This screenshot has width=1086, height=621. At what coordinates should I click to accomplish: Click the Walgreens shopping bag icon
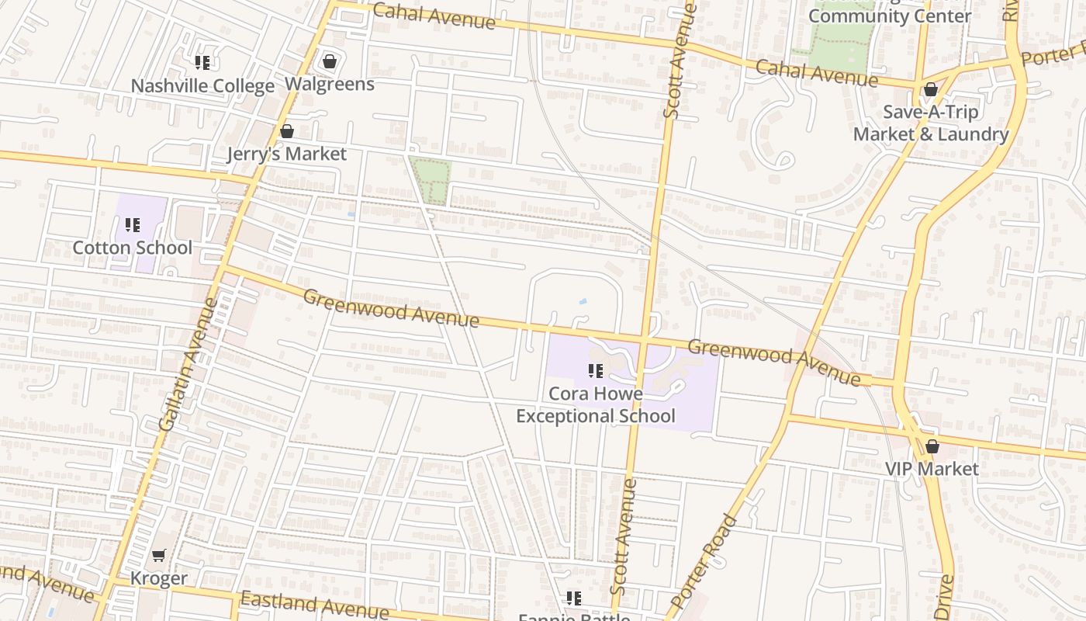[330, 61]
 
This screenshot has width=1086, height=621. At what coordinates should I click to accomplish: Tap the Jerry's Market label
[286, 154]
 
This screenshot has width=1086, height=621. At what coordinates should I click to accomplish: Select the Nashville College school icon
[202, 63]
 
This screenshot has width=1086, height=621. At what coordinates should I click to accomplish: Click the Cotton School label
[132, 248]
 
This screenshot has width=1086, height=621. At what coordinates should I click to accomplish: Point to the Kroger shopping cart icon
[159, 555]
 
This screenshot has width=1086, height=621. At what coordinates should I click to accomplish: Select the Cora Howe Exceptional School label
[595, 404]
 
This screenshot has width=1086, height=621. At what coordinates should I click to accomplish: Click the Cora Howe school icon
[595, 371]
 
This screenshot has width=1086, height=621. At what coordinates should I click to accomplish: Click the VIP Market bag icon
[932, 446]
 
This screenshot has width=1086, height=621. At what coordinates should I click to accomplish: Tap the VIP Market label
[932, 469]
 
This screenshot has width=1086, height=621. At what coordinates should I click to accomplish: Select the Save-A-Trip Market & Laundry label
[931, 123]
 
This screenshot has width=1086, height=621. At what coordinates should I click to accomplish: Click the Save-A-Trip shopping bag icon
[930, 90]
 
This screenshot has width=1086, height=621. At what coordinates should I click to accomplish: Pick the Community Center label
[890, 16]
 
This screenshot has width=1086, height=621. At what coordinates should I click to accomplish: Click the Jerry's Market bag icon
[287, 131]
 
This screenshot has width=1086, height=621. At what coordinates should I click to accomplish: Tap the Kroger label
[158, 578]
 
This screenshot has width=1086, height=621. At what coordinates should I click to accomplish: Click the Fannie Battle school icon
[573, 598]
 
